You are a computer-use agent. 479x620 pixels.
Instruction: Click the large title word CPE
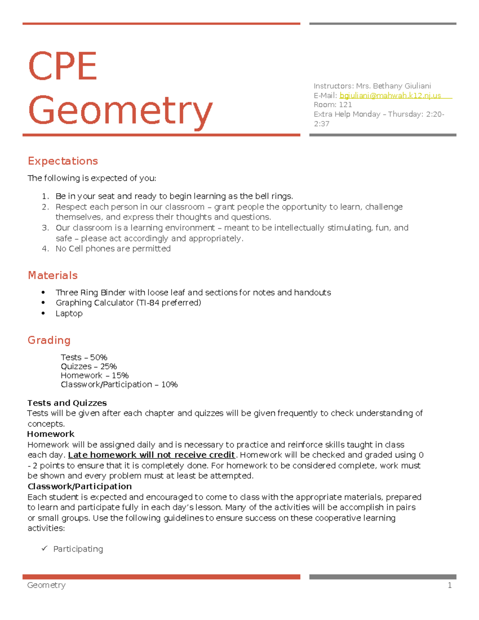click(x=63, y=66)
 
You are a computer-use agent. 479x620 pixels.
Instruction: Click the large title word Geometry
click(x=120, y=111)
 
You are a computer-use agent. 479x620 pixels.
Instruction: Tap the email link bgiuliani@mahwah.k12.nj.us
click(x=390, y=95)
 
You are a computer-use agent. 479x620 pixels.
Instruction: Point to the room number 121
click(x=345, y=105)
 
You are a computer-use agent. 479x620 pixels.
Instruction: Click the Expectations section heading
click(x=63, y=161)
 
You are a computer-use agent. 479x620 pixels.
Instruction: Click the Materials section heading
click(x=53, y=275)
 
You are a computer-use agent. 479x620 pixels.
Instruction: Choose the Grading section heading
click(x=49, y=340)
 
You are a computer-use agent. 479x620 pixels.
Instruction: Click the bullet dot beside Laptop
click(x=43, y=313)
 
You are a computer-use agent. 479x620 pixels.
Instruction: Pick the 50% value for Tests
click(x=99, y=357)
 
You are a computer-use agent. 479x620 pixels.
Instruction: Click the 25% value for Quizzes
click(x=108, y=366)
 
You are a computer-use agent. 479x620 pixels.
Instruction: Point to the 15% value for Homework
click(x=120, y=376)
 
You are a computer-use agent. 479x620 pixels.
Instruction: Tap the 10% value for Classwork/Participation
click(x=169, y=384)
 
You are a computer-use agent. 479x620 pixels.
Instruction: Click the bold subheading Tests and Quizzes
click(x=67, y=403)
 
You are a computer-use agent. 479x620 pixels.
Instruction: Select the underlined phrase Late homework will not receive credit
click(x=151, y=455)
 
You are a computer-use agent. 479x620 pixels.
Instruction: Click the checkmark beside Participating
click(x=44, y=549)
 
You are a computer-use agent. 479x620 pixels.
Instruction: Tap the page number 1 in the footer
click(x=449, y=585)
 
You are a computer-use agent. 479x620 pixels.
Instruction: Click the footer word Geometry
click(x=46, y=585)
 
